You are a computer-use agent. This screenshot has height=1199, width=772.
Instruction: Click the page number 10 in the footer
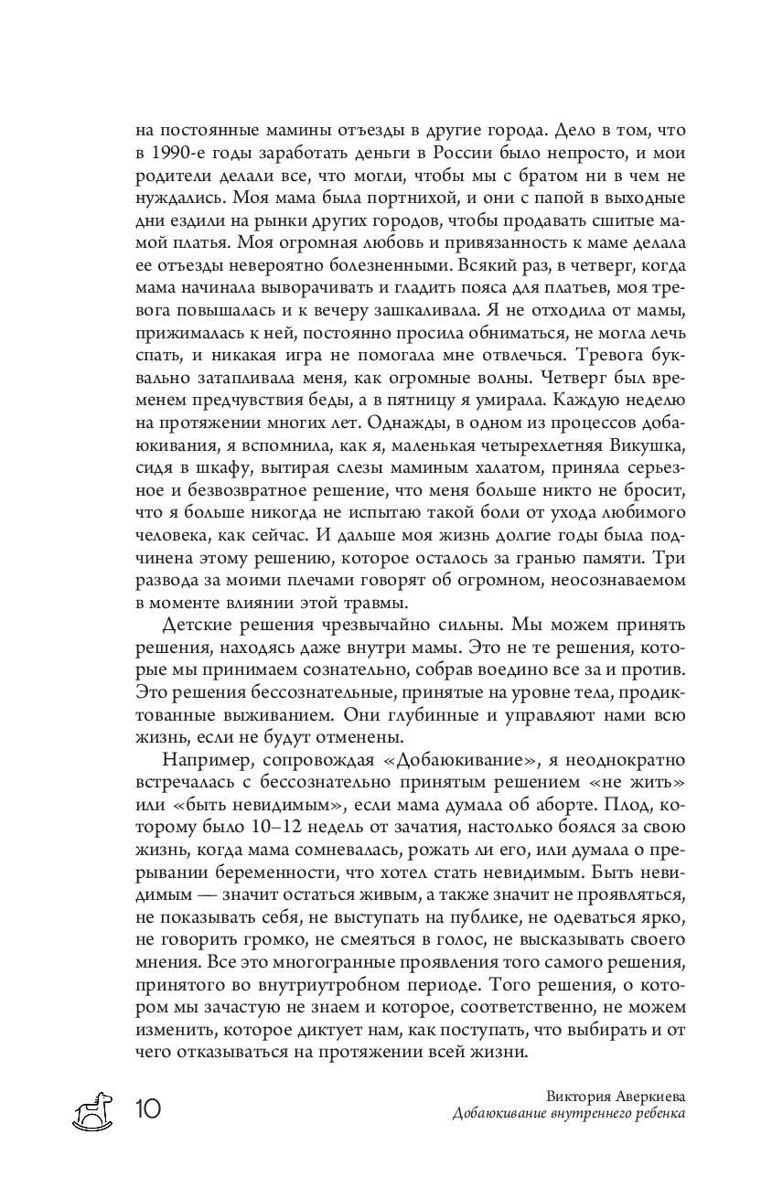[x=149, y=1109]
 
